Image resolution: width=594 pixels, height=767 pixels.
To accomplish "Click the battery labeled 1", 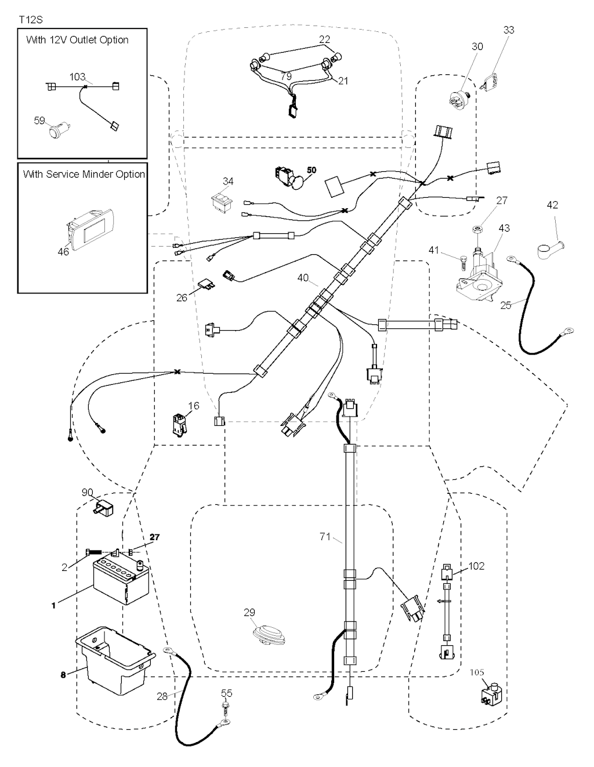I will (x=121, y=580).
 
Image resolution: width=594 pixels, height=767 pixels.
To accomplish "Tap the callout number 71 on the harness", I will (x=325, y=537).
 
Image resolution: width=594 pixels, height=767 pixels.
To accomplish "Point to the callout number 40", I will (x=303, y=278).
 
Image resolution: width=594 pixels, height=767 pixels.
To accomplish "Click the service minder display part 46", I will (x=92, y=232).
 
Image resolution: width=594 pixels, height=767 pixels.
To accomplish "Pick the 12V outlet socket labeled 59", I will (x=59, y=129).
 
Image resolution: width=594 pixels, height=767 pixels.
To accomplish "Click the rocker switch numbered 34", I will (x=222, y=201).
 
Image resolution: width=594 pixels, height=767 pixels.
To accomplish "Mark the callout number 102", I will (x=476, y=566).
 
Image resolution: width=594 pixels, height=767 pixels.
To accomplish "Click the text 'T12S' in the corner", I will (x=31, y=20).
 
